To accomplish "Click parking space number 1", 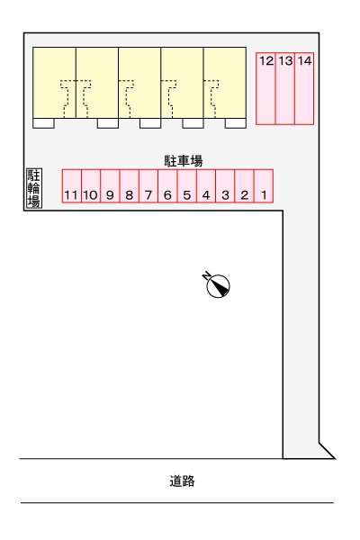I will coord(263,186).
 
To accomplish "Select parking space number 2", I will coord(244,186).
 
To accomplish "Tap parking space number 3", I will coord(225,186).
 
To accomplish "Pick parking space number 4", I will coord(205,186).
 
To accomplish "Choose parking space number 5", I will coord(186,186).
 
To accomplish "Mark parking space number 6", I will coord(167,186).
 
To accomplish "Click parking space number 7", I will coord(148,186).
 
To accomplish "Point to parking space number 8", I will coord(129,186).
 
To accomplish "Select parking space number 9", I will coord(110,186).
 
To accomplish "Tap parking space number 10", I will coord(90,186).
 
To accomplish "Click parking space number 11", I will coord(71,186).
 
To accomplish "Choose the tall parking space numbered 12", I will coord(265,87).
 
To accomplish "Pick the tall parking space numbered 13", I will coord(285,87).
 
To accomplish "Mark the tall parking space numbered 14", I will coord(304,87).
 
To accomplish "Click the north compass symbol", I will coord(218,284).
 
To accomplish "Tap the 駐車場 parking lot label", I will coord(183,161).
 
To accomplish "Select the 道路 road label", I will coord(182,481).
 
